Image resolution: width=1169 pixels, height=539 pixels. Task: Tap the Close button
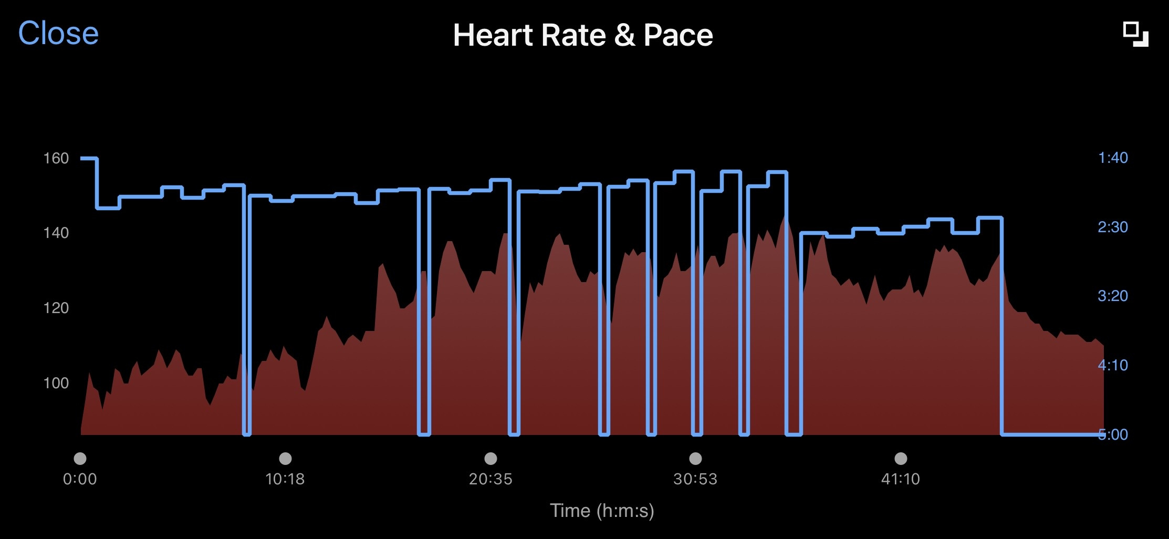(58, 33)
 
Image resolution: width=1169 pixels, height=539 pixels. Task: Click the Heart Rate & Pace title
(583, 35)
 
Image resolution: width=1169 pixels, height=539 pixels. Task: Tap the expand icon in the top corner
(1135, 35)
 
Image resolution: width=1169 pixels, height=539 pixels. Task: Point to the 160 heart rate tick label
(56, 158)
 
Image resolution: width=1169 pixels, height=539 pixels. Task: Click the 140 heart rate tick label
(56, 233)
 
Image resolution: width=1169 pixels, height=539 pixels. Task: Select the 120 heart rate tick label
(56, 308)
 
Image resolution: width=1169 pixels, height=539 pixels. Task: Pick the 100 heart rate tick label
(56, 383)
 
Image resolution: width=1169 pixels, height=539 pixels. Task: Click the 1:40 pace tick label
(1113, 158)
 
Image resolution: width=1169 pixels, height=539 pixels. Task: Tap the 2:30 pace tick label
(1113, 227)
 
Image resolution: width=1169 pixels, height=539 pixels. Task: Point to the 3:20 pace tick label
(1113, 296)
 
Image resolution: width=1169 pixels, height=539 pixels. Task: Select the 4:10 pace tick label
(1113, 365)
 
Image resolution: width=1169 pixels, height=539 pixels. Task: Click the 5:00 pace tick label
(1113, 434)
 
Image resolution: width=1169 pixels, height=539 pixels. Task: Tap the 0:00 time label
(80, 479)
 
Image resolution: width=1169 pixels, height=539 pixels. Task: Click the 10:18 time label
(285, 479)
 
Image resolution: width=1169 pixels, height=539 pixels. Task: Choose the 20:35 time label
(490, 479)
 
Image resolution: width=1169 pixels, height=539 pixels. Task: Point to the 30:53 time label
(695, 479)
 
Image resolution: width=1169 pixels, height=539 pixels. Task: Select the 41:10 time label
(901, 479)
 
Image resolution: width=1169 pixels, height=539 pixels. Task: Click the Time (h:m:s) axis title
(602, 511)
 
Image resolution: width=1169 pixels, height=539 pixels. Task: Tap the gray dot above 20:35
(490, 459)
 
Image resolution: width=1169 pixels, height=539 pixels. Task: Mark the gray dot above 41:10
(901, 459)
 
